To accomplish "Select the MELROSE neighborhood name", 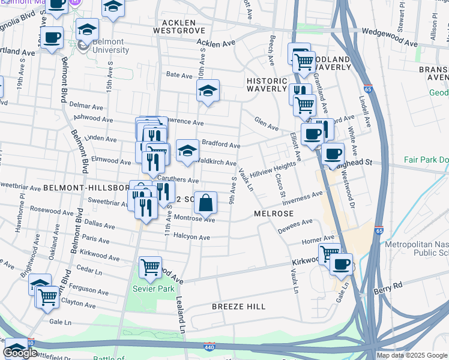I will click(273, 214).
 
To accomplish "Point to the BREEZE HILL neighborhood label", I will click(239, 307).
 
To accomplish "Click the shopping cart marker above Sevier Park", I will click(150, 268).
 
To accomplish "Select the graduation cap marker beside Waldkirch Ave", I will click(187, 152).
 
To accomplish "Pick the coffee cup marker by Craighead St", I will click(333, 153).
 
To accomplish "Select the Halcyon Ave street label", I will click(191, 238).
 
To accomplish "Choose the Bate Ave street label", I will click(179, 75).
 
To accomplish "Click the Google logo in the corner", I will click(20, 353).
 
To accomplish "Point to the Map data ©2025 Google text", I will click(412, 355).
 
